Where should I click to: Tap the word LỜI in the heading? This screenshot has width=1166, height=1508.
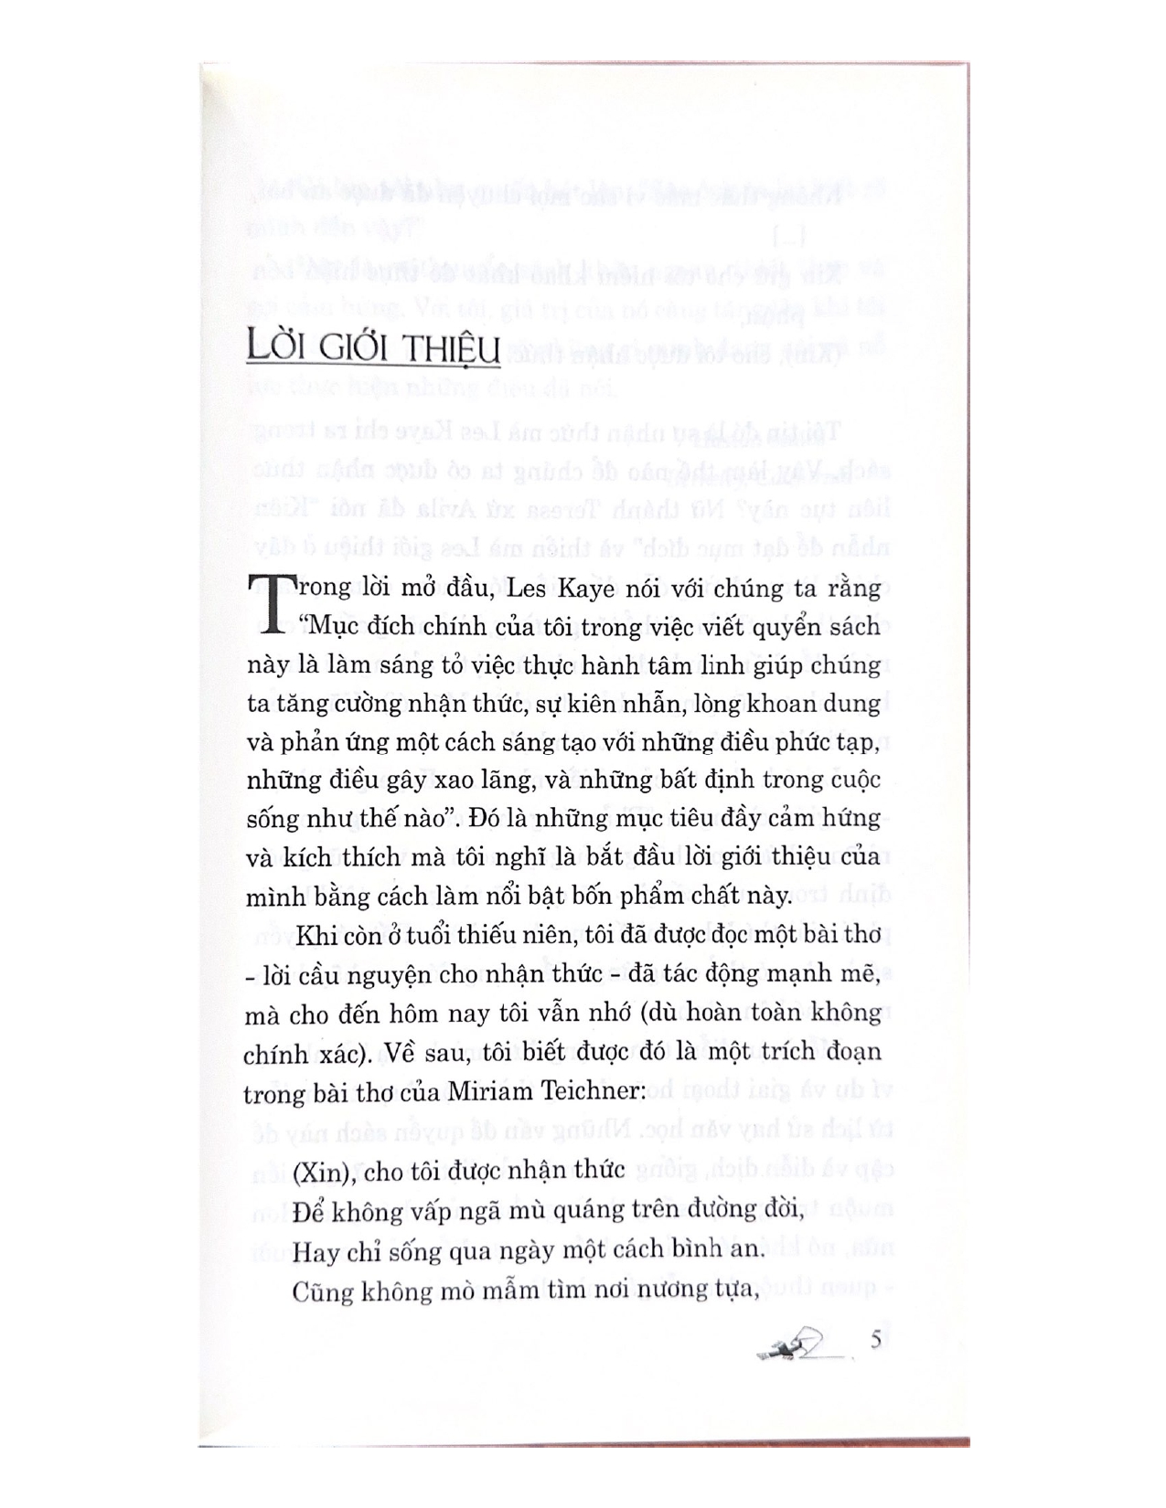click(276, 350)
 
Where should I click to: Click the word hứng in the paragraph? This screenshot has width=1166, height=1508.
click(853, 817)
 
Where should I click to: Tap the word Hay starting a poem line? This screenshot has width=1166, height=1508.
click(313, 1251)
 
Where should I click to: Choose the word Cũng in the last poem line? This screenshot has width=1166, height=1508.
click(320, 1290)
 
